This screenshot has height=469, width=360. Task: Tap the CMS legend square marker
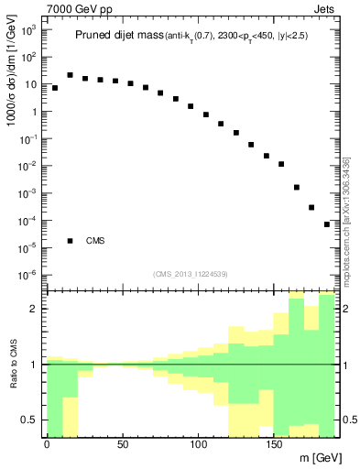click(x=70, y=241)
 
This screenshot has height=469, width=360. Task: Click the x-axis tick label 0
click(x=47, y=444)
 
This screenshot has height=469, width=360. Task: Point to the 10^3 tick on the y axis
click(x=29, y=30)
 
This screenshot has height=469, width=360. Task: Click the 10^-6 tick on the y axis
click(x=29, y=275)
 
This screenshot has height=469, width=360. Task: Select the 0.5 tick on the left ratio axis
click(x=27, y=420)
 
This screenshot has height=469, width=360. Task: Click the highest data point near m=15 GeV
click(x=70, y=75)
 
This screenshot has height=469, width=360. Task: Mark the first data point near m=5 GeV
click(x=55, y=88)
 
